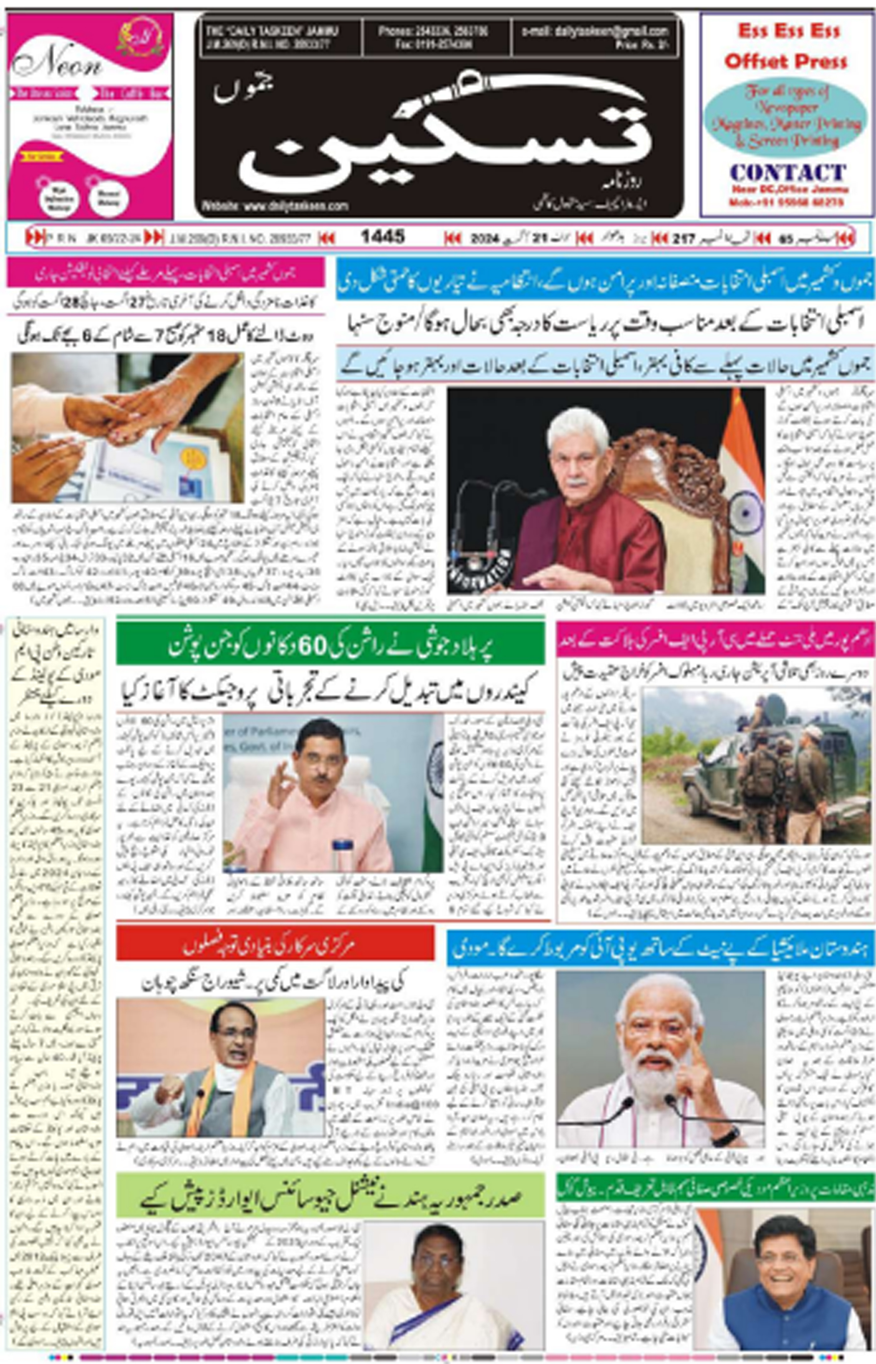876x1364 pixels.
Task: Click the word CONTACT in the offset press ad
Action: pos(787,172)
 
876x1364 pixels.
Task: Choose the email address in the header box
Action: pos(594,32)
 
